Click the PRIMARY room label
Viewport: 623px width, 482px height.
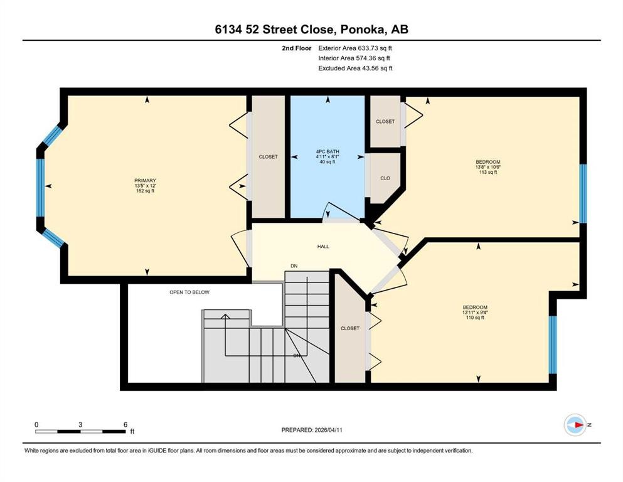click(145, 180)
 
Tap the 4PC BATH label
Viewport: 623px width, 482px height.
click(327, 151)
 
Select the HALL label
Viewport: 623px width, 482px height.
click(323, 247)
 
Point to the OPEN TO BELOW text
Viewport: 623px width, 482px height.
click(189, 292)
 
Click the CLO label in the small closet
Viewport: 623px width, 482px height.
click(385, 178)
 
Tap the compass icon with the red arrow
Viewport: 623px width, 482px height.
click(575, 425)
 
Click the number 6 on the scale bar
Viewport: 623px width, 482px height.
click(125, 424)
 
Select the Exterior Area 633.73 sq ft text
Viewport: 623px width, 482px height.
click(355, 48)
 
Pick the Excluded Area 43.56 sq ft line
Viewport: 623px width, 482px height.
click(355, 68)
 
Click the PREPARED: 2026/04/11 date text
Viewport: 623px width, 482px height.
click(312, 430)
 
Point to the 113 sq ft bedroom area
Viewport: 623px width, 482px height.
click(488, 172)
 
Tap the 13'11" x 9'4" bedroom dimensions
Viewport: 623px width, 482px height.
click(475, 313)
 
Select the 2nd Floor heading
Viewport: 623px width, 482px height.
click(296, 48)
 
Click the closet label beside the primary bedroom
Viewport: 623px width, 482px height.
click(268, 156)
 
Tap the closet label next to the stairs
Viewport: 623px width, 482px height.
click(350, 328)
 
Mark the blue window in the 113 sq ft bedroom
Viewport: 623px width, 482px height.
click(583, 193)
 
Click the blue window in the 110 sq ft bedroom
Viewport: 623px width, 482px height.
click(553, 345)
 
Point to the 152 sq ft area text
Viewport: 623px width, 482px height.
click(145, 191)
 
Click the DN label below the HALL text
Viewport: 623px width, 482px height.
click(294, 266)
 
